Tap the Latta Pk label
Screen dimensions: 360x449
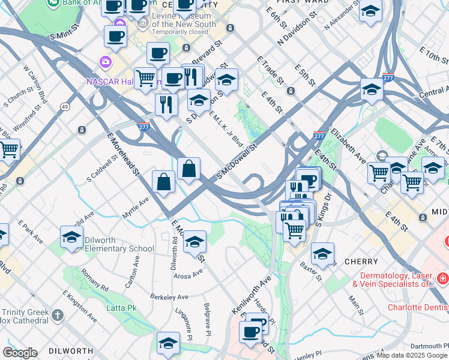point(124,308)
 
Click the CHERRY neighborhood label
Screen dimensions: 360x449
point(361,262)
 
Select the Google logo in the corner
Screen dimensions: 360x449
point(20,353)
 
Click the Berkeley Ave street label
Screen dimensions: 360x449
point(171,297)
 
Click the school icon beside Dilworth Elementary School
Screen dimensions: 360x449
point(71,238)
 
